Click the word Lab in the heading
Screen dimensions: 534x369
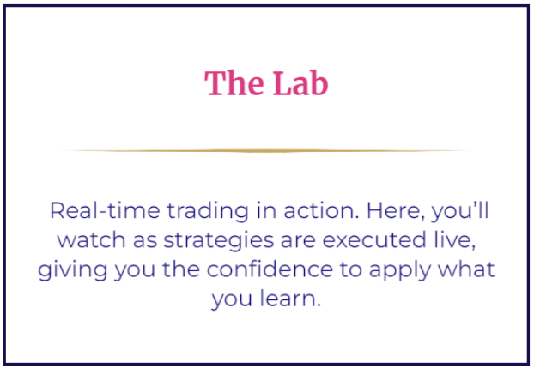(300, 83)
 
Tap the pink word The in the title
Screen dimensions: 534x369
(234, 83)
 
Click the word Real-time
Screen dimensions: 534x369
(105, 210)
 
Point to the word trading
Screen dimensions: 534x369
(208, 212)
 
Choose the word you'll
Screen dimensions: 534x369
(460, 212)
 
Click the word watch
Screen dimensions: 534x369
(91, 239)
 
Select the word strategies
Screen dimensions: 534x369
(219, 241)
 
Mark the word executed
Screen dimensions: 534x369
(374, 239)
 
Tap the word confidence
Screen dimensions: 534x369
(270, 269)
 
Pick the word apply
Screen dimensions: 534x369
(400, 270)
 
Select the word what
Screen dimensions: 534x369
(466, 269)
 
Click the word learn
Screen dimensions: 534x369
(290, 298)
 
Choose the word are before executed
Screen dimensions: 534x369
(298, 241)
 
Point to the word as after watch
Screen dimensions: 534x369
(145, 241)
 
